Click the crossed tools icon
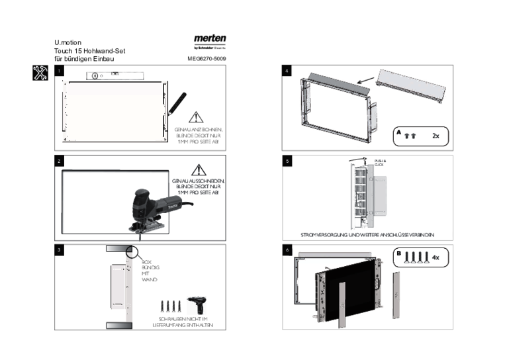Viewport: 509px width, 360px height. (40, 73)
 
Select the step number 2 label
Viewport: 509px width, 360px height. (59, 161)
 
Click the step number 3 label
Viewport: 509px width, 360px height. (59, 250)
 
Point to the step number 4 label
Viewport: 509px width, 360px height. (287, 71)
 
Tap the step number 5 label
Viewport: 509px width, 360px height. (287, 161)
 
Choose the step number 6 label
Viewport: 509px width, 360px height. (287, 250)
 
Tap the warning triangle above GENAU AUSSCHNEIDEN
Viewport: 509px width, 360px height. (199, 169)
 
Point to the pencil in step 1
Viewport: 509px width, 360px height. (178, 103)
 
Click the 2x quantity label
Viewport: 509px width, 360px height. (436, 136)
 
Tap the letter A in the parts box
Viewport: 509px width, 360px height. (399, 132)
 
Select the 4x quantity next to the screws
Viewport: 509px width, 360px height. (436, 256)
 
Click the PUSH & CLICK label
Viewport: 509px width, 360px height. (380, 162)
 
